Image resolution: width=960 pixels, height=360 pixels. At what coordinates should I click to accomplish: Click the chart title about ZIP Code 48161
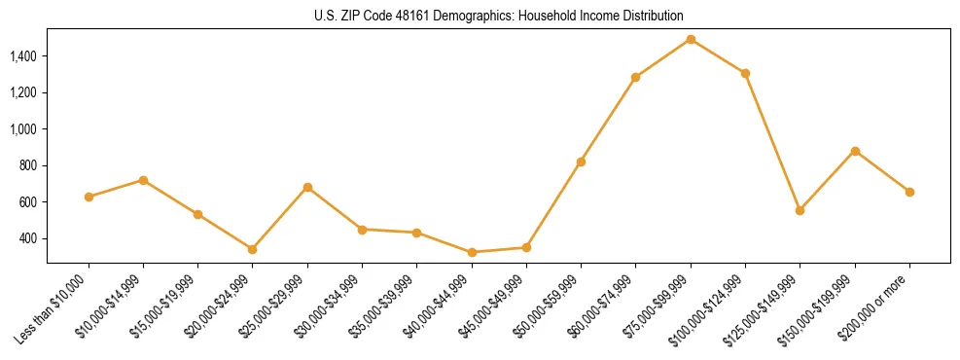point(499,17)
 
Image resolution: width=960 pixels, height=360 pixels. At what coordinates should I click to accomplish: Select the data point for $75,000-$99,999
point(691,39)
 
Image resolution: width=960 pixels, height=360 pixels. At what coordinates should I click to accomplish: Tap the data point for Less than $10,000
point(89,197)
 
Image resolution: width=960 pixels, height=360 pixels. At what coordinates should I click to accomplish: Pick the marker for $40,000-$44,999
point(472,252)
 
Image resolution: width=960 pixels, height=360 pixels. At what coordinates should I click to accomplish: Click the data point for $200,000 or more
point(909,192)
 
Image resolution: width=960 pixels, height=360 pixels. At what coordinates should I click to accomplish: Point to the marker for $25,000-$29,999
point(307,187)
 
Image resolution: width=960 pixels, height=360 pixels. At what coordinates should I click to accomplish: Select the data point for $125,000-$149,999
point(800,210)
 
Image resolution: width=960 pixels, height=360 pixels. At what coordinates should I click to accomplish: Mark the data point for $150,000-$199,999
point(855,151)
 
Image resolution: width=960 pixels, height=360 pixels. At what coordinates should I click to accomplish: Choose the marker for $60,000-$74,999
point(635,77)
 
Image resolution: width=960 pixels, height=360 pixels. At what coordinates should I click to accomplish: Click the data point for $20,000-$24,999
point(253,249)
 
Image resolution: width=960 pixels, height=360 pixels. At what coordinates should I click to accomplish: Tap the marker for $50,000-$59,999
point(581,162)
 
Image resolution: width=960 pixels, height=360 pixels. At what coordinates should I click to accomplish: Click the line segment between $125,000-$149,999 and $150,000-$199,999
point(828,180)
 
